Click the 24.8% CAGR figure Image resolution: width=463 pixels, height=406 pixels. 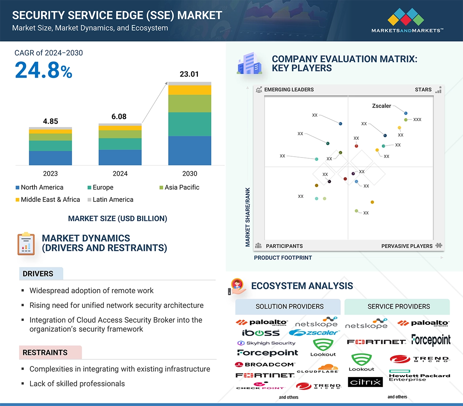point(44,70)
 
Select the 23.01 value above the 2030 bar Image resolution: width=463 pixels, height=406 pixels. point(189,74)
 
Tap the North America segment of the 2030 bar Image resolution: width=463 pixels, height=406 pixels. point(190,151)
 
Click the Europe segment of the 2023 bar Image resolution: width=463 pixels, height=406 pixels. point(50,146)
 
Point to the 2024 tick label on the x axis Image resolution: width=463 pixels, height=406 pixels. point(120,174)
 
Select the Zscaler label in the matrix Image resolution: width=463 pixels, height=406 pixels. point(381,106)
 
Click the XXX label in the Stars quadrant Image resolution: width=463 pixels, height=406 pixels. point(417,120)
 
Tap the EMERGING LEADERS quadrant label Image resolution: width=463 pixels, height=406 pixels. point(288,89)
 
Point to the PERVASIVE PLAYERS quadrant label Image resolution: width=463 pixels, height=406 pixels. point(407,246)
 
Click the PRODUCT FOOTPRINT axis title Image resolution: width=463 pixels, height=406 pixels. point(283,258)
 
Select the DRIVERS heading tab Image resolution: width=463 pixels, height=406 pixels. point(38,274)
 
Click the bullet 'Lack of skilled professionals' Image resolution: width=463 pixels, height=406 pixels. point(77,383)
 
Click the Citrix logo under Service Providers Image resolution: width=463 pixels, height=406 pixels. point(365,382)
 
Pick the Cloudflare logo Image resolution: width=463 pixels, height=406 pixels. point(318,369)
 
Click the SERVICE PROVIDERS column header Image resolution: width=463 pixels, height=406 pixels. point(398,306)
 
